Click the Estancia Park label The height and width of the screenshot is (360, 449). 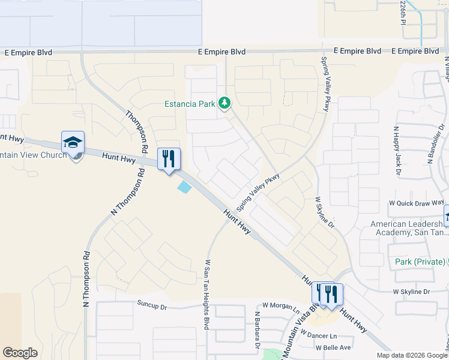(x=190, y=104)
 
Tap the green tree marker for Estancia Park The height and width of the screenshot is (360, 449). (x=224, y=103)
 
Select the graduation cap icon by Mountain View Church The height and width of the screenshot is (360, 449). (x=73, y=143)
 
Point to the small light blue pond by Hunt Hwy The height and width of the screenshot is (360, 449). (x=184, y=187)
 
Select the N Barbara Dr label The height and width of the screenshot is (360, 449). (x=256, y=330)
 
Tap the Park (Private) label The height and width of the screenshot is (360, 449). (x=420, y=262)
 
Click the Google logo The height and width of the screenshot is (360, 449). (x=20, y=352)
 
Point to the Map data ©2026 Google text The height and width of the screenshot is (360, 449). (x=411, y=355)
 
